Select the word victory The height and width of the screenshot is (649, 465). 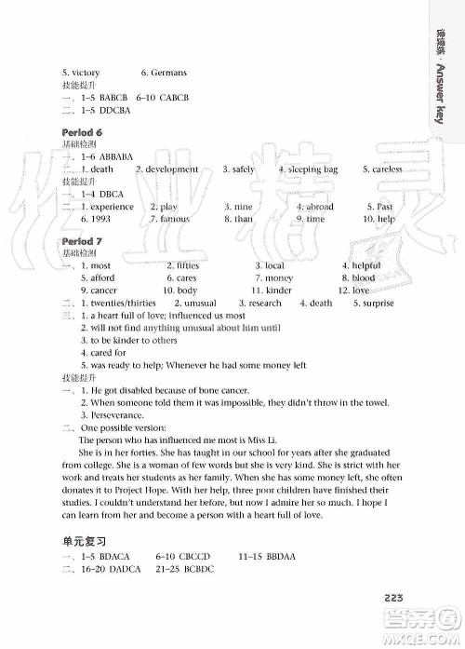click(x=85, y=73)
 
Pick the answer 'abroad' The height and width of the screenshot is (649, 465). click(x=318, y=207)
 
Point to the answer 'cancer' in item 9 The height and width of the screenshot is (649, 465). click(x=104, y=291)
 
